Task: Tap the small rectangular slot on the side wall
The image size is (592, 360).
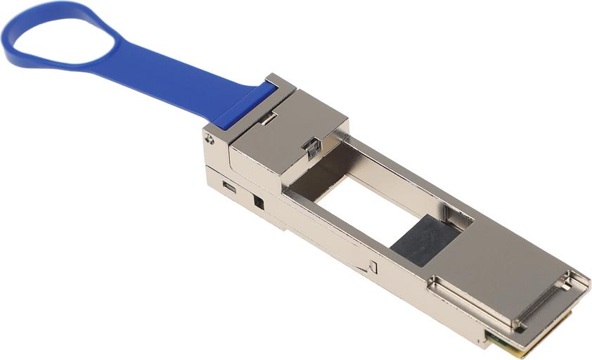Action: tap(229, 187)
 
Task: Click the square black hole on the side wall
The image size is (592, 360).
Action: tap(258, 202)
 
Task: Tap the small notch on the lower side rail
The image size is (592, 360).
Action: tap(372, 267)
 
